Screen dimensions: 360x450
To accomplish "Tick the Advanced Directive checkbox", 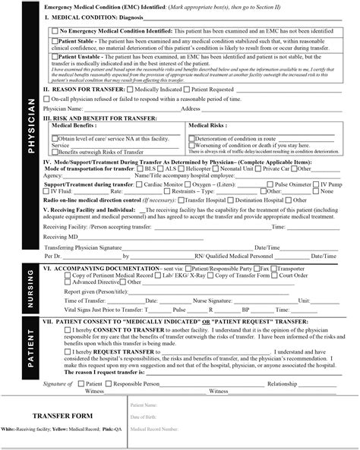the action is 55,282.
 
